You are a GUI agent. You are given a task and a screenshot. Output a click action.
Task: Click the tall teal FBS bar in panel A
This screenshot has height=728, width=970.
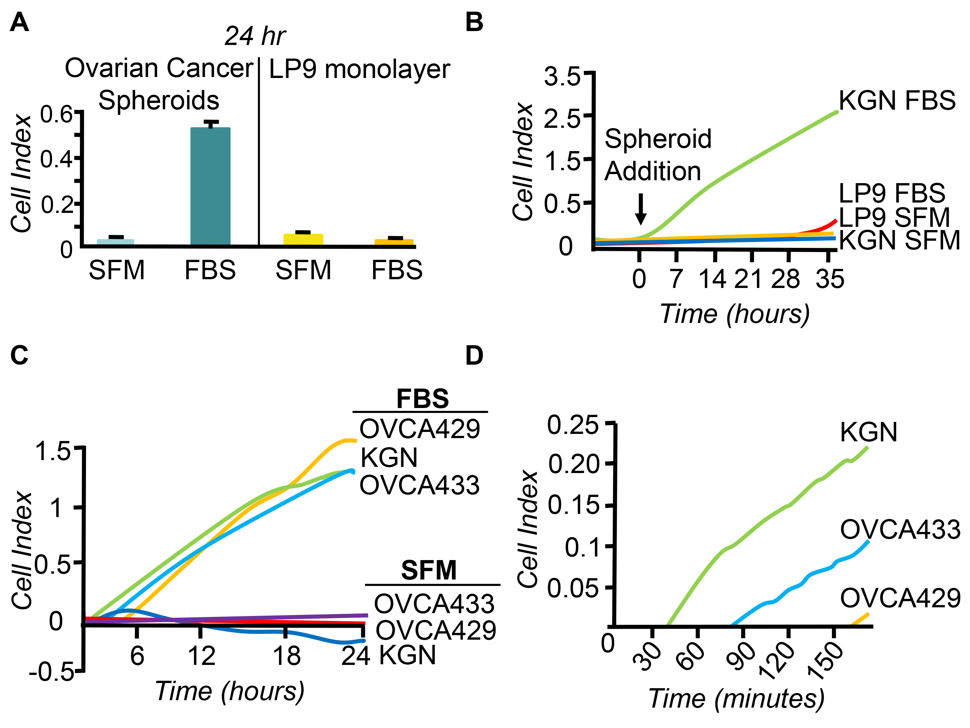coord(210,186)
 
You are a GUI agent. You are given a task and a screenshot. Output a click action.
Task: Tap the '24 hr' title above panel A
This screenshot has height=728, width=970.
coord(255,36)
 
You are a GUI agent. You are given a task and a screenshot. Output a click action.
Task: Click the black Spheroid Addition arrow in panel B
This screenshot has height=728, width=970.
coord(641,209)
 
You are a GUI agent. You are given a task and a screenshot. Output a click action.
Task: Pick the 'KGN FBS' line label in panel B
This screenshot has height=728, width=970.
coord(897,101)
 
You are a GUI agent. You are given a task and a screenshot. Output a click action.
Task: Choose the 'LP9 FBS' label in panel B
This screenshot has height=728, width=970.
coord(891,193)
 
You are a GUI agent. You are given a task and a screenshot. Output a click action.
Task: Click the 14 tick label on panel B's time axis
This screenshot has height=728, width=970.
coord(712,279)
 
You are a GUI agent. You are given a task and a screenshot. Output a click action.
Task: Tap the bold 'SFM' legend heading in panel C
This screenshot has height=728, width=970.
coord(429,570)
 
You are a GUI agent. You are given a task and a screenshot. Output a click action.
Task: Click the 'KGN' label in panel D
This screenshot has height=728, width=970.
coord(868,432)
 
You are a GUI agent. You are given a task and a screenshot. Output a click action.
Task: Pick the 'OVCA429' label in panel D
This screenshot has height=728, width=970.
coord(900,598)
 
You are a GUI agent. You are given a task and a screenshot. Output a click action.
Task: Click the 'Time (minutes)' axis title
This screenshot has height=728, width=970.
coord(736,698)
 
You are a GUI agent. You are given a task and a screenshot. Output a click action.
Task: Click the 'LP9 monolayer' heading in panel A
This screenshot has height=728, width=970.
coord(359,69)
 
